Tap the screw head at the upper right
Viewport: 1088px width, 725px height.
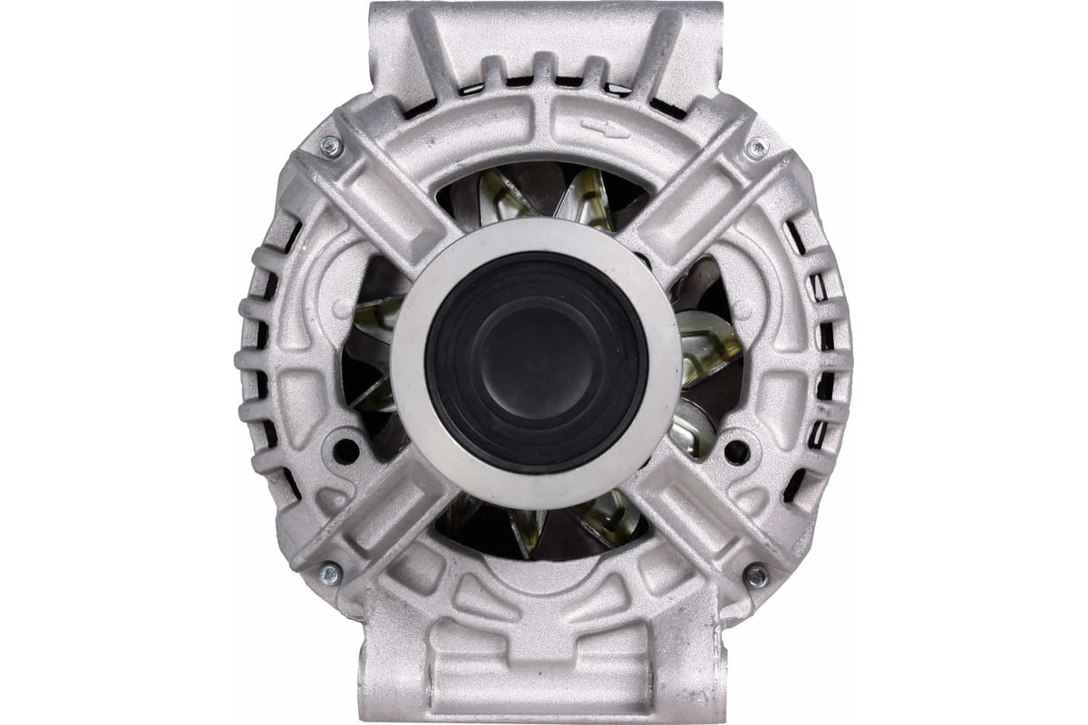(x=755, y=148)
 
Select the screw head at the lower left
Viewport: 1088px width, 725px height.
(x=330, y=573)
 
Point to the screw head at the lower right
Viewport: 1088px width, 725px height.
(x=754, y=574)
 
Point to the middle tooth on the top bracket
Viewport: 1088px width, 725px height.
(x=543, y=69)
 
